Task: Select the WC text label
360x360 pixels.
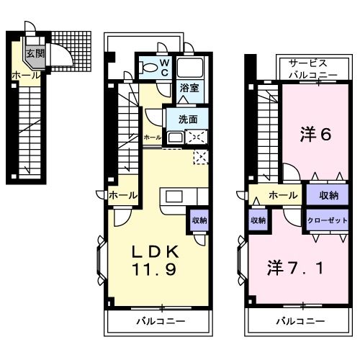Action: coord(164,68)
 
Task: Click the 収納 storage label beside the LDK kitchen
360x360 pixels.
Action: coord(198,221)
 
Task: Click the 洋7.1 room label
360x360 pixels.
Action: coord(295,269)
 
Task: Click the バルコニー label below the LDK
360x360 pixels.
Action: coord(161,320)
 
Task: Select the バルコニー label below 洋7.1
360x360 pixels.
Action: coord(300,320)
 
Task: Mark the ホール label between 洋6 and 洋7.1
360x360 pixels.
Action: coord(283,195)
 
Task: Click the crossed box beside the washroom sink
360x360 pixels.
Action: coord(196,137)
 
